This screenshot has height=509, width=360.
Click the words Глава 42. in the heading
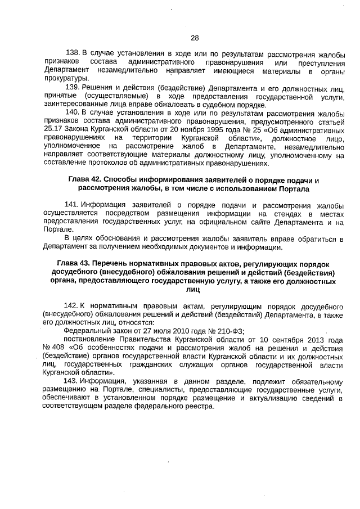[x=86, y=181]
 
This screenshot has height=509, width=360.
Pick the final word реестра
[x=199, y=407]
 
